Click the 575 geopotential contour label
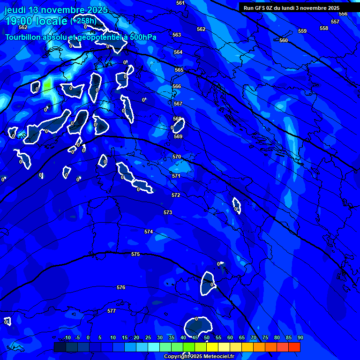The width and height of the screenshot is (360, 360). tap(135, 254)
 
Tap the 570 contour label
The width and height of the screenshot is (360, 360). tap(177, 157)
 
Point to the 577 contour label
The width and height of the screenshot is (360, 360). tap(112, 311)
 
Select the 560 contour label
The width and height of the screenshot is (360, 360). tap(284, 40)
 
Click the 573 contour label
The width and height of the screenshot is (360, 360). tap(168, 212)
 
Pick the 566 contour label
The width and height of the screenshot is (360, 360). tap(177, 86)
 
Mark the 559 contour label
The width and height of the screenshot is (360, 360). tap(302, 31)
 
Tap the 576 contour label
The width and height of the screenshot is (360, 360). tap(121, 287)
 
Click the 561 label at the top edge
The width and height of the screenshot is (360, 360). tap(180, 3)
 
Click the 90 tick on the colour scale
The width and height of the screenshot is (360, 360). tap(300, 337)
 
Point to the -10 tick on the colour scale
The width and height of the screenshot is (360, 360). tap(67, 337)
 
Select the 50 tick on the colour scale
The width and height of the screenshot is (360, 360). tap(207, 337)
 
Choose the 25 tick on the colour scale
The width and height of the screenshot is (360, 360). tap(148, 337)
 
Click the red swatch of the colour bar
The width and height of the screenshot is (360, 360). tap(294, 347)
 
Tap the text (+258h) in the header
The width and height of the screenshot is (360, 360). tap(83, 21)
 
